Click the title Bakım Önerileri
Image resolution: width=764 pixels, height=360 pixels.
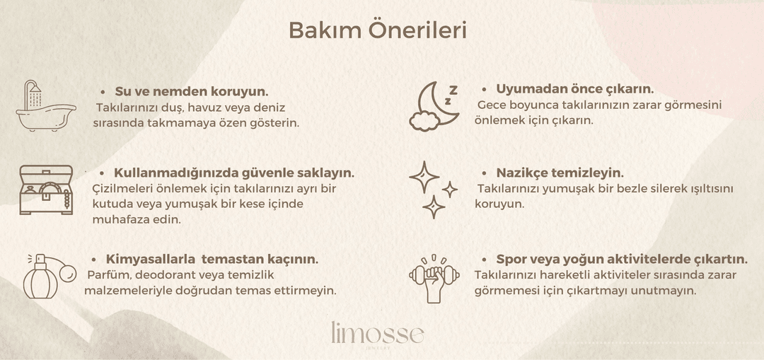(x=378, y=30)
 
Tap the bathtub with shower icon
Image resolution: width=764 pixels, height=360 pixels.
(x=46, y=105)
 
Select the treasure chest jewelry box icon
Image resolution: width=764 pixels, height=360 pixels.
(x=46, y=190)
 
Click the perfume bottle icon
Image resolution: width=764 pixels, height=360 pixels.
(x=49, y=277)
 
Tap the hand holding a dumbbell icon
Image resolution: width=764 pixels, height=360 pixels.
(x=434, y=279)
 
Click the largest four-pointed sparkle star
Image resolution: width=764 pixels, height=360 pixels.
(x=424, y=177)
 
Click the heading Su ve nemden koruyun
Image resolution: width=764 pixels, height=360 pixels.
(x=192, y=91)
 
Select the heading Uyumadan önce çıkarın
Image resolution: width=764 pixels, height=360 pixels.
(x=575, y=89)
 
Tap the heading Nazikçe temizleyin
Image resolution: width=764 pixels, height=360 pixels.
(x=560, y=173)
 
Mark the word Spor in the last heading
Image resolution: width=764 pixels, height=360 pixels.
(x=511, y=259)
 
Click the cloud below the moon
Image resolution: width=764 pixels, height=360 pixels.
(x=425, y=121)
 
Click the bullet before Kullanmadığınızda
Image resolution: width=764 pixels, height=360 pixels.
(x=103, y=173)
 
